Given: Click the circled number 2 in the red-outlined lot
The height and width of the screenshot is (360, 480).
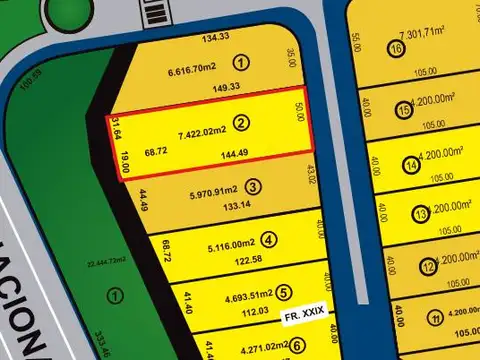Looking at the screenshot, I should point(241,123).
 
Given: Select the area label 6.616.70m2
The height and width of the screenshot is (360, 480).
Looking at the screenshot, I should point(192,68).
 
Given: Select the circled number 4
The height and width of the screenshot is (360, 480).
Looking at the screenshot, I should point(269,240).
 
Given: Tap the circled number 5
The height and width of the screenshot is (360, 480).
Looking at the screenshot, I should point(284,293).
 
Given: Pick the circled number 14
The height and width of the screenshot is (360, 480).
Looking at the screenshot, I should point(410,165).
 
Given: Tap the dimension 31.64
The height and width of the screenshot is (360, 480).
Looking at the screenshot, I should point(117,127).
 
